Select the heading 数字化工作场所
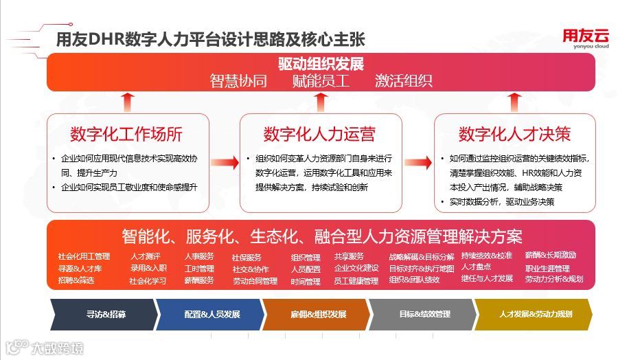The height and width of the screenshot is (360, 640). coord(126,133)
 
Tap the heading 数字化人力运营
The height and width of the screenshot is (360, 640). coord(319,133)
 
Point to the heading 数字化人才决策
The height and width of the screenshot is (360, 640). coord(514,133)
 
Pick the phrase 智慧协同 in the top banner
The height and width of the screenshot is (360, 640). coord(238,81)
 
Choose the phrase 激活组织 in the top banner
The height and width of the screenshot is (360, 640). coord(404,81)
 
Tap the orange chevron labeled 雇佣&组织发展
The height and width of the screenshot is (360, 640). coord(318,314)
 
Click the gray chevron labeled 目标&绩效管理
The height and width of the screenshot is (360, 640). coord(424,314)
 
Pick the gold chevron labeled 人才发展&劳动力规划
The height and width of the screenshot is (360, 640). coord(535,314)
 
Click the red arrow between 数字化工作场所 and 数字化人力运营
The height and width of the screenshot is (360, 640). coord(222,163)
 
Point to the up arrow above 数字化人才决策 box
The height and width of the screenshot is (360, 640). coord(515,102)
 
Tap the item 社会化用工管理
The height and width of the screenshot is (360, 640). coord(84,256)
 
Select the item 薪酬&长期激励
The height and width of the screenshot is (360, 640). coord(551,256)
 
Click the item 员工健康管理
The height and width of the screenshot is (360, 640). coord(356,281)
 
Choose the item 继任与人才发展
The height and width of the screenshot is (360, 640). coord(487,278)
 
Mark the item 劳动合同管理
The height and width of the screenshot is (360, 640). coord(255,281)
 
